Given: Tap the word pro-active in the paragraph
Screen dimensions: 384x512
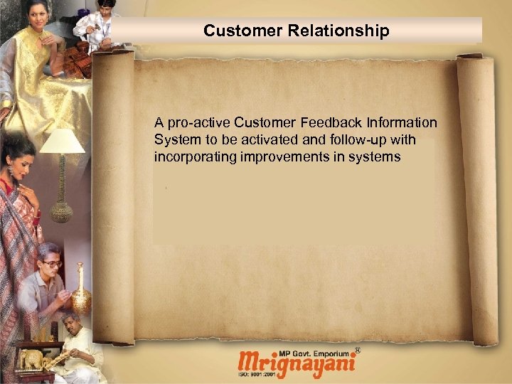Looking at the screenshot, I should [x=197, y=123].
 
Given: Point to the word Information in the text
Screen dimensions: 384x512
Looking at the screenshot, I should [x=405, y=123].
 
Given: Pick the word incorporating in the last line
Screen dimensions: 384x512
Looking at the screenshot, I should [x=193, y=156].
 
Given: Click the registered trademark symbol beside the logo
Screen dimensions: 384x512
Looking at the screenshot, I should [x=357, y=351].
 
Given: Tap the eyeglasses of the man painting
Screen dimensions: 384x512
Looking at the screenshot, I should [x=51, y=264].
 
